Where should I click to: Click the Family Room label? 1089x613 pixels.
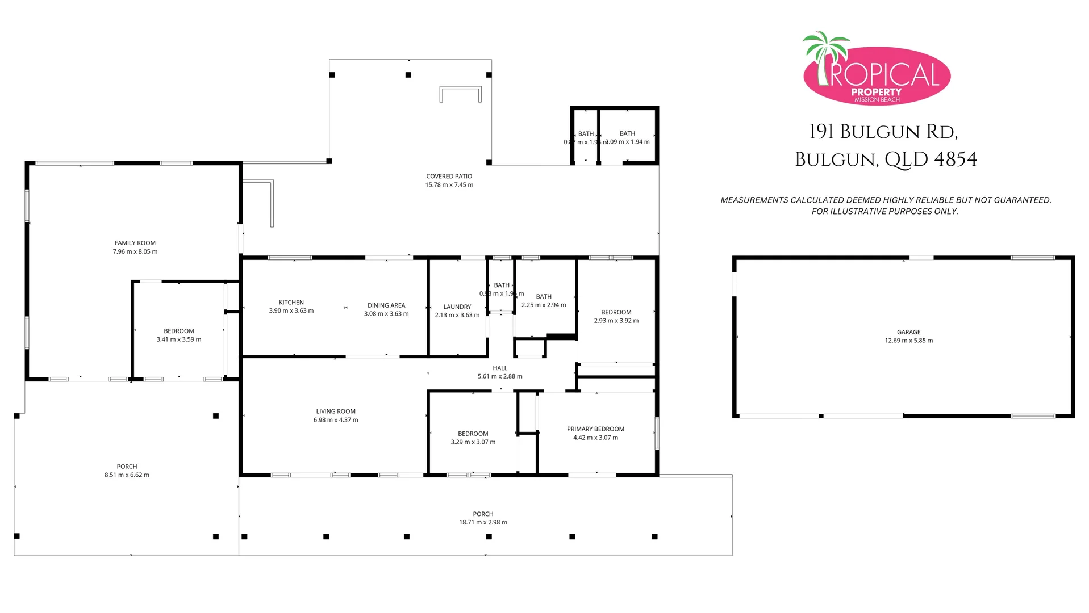135,243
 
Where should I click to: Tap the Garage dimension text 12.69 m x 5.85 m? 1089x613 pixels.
908,341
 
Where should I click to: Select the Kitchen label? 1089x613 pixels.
291,303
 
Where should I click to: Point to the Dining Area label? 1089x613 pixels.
386,305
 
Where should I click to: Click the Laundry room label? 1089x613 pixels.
457,307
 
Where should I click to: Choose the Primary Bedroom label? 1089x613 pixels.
595,429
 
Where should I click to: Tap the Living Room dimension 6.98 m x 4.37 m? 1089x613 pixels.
336,420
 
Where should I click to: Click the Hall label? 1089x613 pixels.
500,368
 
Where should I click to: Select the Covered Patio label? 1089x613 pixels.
449,177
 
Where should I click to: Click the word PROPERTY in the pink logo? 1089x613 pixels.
876,92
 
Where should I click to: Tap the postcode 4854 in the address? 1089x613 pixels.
955,159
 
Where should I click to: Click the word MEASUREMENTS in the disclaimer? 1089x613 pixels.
754,200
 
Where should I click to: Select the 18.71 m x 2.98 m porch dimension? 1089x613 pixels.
483,522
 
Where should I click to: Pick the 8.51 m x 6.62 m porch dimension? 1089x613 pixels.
127,475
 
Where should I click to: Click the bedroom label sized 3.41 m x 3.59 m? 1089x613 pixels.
179,331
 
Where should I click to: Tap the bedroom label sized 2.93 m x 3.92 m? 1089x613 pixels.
616,312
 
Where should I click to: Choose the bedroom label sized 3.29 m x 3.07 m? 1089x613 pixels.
473,434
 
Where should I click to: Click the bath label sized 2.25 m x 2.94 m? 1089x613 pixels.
544,296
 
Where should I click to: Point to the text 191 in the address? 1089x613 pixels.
821,132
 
